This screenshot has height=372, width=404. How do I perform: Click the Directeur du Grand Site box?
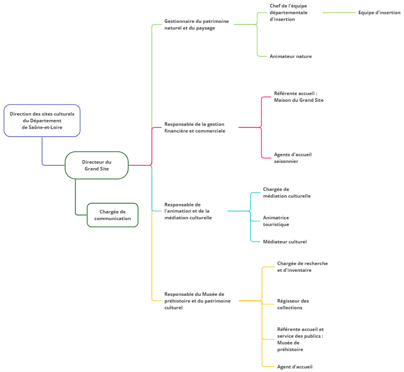[x=97, y=165]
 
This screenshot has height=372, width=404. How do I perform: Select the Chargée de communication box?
[x=113, y=215]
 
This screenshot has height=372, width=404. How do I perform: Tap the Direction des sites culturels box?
[x=42, y=120]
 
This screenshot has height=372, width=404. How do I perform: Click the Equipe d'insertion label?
[x=379, y=13]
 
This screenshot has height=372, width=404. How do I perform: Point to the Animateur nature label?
[x=290, y=56]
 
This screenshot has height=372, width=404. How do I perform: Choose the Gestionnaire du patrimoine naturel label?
[x=197, y=25]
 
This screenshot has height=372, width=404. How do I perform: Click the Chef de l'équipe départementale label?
[x=288, y=13]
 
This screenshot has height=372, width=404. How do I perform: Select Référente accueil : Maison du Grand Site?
[x=299, y=97]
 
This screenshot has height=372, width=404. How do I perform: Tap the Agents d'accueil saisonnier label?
[x=292, y=158]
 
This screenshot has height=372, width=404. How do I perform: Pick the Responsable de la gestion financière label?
[x=195, y=127]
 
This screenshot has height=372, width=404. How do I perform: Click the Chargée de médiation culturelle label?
[x=287, y=192]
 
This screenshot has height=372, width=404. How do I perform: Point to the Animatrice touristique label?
[x=276, y=221]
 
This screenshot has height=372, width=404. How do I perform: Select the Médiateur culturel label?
[x=285, y=242]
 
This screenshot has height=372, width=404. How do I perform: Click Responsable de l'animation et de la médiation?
[x=188, y=211]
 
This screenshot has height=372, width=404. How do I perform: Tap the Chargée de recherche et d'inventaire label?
[x=303, y=267]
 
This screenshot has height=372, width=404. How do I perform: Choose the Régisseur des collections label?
[x=293, y=304]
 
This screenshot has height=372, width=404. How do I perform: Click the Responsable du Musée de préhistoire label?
[x=198, y=301]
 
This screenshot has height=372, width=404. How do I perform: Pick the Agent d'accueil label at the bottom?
[x=295, y=367]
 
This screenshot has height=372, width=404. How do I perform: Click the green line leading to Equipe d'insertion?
[x=339, y=13]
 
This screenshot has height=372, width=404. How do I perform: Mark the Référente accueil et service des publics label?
[x=301, y=339]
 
